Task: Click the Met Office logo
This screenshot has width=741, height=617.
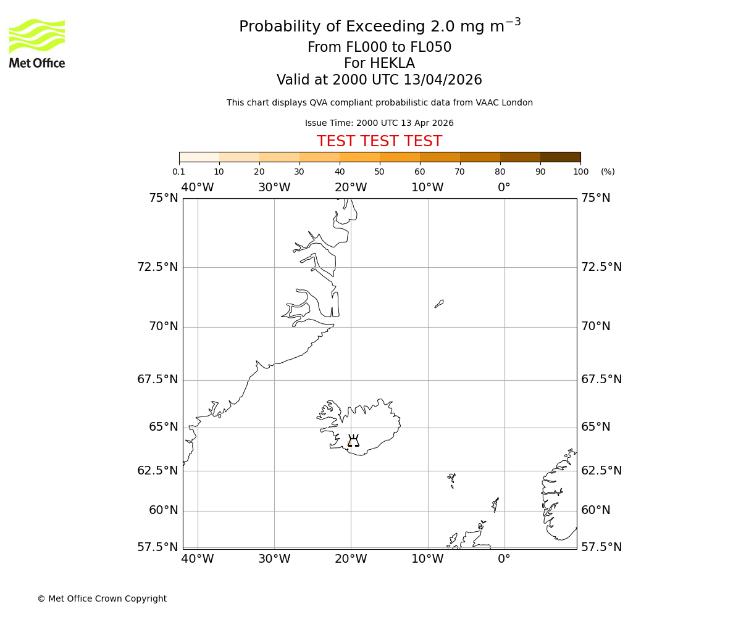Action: [37, 43]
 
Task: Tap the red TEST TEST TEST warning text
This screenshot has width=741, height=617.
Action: [379, 141]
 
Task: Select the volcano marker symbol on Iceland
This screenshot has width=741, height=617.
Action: [353, 441]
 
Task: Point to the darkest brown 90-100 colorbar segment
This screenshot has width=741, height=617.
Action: [560, 157]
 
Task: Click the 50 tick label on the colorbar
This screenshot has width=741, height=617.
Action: [379, 172]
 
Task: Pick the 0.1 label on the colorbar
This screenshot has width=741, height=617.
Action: [178, 172]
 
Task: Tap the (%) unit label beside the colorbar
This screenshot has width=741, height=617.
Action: [608, 172]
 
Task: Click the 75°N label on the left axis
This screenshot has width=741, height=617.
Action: [164, 198]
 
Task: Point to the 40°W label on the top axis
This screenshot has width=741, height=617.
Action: [198, 188]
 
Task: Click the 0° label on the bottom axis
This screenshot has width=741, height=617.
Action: [504, 559]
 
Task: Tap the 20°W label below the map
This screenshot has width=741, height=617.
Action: [351, 559]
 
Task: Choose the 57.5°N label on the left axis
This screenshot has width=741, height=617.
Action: [157, 547]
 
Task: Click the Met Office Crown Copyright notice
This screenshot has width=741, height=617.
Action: [102, 598]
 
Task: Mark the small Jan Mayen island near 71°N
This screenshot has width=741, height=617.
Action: [439, 304]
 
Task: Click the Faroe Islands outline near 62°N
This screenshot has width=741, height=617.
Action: [451, 479]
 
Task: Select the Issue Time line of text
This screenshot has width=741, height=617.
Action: [379, 123]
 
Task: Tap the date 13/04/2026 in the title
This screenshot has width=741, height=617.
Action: [443, 80]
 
